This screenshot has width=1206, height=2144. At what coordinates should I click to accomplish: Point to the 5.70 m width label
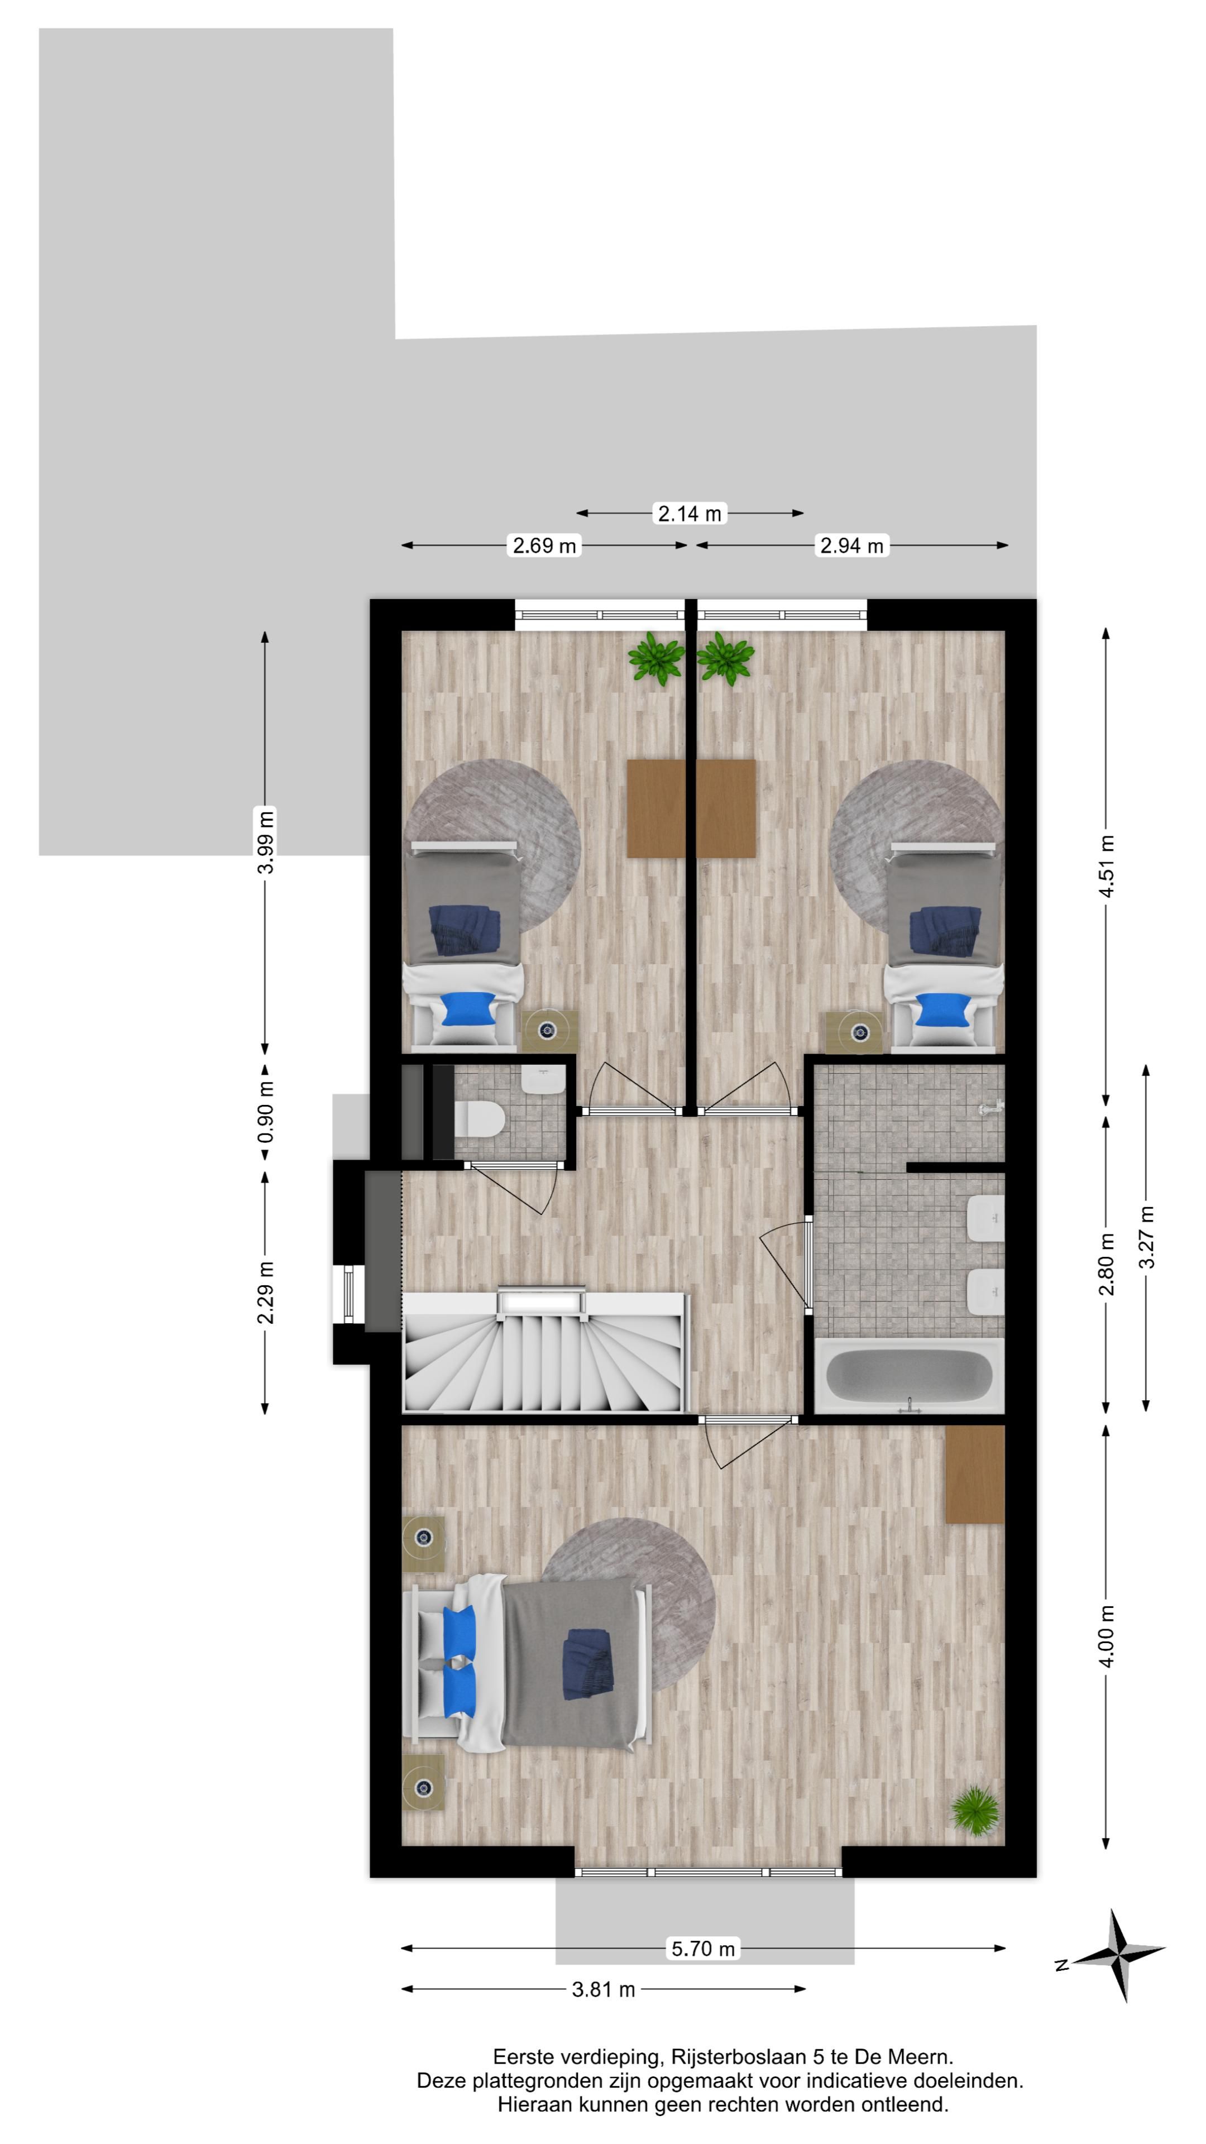tap(703, 1949)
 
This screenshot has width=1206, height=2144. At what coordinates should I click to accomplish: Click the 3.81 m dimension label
tap(604, 1989)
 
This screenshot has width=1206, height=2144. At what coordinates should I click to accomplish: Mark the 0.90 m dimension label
tap(266, 1113)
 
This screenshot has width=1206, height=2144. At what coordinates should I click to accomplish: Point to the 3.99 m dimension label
tap(266, 841)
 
